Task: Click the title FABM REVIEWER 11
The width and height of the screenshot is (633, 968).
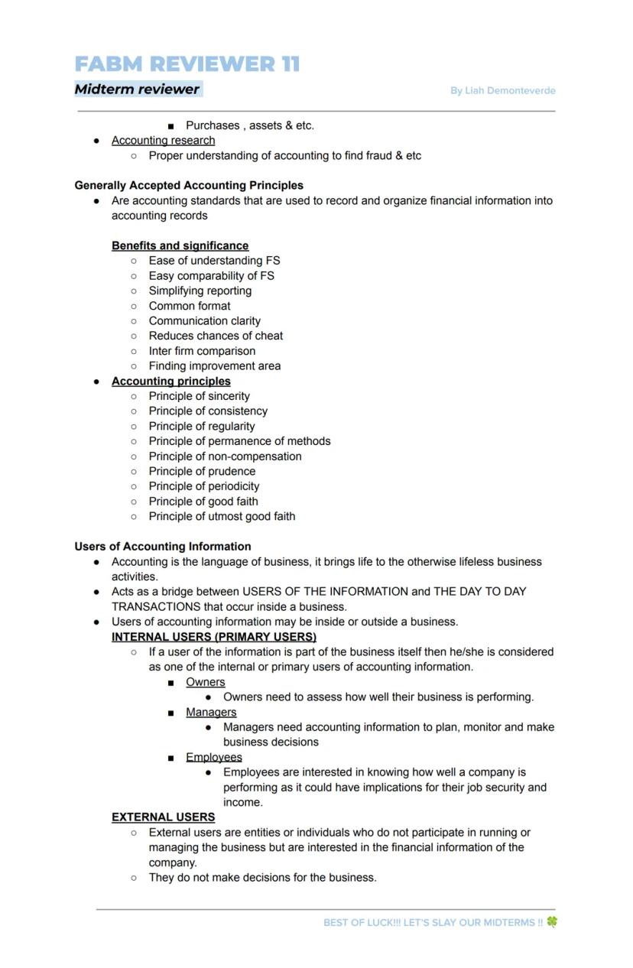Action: click(187, 63)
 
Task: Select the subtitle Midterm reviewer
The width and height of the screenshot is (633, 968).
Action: click(137, 89)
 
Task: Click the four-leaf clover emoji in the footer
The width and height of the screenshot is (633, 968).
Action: click(552, 922)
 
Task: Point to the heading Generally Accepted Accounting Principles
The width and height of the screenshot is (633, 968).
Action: click(189, 185)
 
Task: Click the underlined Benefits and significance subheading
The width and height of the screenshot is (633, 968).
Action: click(180, 245)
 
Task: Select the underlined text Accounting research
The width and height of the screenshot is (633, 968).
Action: click(163, 140)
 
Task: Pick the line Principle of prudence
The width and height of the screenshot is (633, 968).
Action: click(202, 471)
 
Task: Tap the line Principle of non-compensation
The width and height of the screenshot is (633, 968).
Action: click(225, 456)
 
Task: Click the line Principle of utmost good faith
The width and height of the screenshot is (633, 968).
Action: click(222, 516)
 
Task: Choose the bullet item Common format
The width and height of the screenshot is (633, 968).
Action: click(190, 306)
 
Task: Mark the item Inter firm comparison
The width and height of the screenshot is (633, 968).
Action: click(202, 351)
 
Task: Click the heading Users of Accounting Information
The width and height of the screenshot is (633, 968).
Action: click(163, 546)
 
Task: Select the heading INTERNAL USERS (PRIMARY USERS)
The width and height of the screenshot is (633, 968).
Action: click(214, 636)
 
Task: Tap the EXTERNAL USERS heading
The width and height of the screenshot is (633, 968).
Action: click(163, 817)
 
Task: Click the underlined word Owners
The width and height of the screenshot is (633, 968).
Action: click(206, 682)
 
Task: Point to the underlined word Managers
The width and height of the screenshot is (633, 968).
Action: click(211, 712)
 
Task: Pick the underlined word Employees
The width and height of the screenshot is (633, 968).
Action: click(214, 757)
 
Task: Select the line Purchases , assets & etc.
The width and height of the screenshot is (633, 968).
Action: click(250, 125)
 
